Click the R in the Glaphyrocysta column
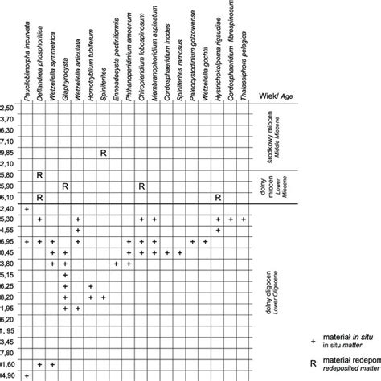click(66, 186)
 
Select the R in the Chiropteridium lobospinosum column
click(141, 186)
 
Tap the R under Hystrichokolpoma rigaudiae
click(218, 197)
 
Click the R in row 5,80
click(40, 174)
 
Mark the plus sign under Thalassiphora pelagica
click(244, 219)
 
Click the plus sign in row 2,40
click(27, 208)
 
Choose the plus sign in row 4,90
click(27, 375)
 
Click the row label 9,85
click(8, 152)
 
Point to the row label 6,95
click(8, 241)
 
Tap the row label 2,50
click(8, 108)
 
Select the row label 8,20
click(8, 297)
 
